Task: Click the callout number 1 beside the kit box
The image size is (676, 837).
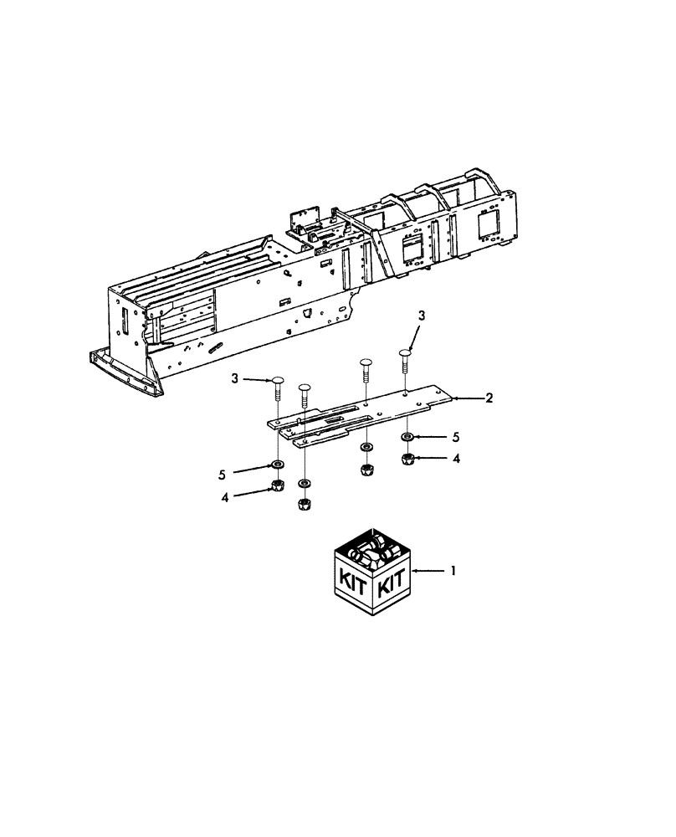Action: point(453,571)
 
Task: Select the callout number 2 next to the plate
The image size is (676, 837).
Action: point(489,398)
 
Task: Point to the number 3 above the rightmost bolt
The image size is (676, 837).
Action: point(422,316)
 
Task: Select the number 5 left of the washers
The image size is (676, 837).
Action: point(223,474)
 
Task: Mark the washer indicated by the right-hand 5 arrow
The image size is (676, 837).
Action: point(406,438)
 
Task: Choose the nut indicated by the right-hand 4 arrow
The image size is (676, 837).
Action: point(407,459)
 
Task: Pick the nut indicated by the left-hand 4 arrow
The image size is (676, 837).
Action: point(277,487)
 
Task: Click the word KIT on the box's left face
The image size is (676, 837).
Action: point(353,581)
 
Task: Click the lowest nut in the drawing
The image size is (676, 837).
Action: point(305,504)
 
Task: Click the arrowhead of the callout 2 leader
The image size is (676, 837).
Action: point(453,399)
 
